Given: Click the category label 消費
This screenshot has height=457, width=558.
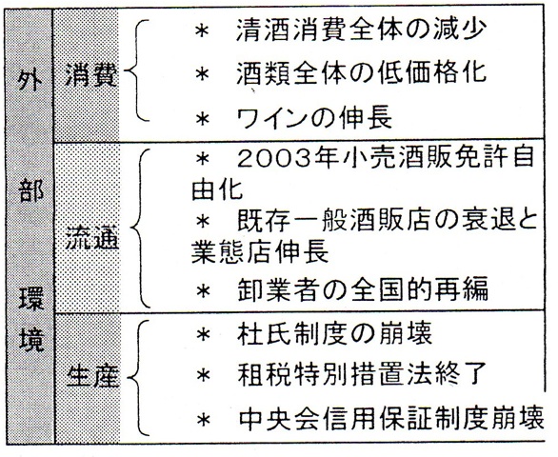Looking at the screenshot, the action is click(91, 75).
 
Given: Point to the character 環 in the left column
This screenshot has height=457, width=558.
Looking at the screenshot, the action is click(31, 298).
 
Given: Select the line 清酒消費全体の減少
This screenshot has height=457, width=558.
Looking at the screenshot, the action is click(361, 30).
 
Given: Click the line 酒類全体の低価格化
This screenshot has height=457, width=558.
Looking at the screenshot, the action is click(361, 72).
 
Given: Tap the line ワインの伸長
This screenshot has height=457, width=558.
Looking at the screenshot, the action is click(314, 118).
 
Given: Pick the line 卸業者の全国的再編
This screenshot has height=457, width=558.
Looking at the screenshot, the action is click(362, 289).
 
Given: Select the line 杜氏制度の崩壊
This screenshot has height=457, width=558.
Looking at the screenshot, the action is click(334, 333).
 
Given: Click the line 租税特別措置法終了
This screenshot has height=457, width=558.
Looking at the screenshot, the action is click(362, 375).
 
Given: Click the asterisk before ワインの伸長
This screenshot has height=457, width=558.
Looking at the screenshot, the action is click(202, 118).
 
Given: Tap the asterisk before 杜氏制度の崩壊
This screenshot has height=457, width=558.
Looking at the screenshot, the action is click(204, 334).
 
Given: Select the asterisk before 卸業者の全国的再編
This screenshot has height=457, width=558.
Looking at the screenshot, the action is click(203, 291).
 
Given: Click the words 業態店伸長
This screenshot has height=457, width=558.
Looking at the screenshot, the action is click(260, 251).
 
